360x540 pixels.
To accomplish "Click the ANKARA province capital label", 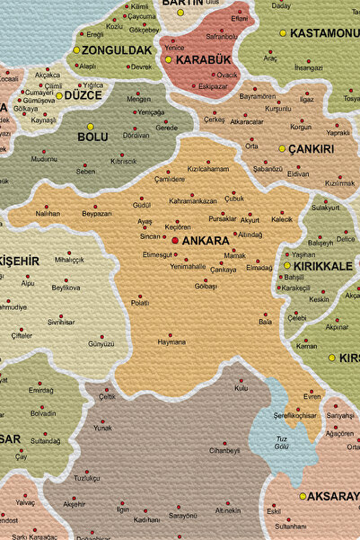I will (206, 241).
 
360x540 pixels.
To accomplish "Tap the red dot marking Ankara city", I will (175, 241).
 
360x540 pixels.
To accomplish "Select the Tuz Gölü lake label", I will (283, 442).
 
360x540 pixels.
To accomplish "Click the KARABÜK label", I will (197, 59).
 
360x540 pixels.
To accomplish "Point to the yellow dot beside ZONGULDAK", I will (76, 50).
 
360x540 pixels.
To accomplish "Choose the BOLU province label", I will (92, 137).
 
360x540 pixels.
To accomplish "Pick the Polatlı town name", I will (140, 303).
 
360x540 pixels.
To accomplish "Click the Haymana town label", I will (171, 341).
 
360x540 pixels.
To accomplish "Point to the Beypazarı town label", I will (97, 214).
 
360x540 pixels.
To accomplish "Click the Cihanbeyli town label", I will (224, 450).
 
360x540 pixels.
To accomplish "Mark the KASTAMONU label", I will (323, 33).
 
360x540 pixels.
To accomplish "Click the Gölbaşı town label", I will (206, 285).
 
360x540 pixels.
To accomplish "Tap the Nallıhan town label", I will (48, 213).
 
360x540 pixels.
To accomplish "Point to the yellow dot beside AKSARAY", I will (303, 496).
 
